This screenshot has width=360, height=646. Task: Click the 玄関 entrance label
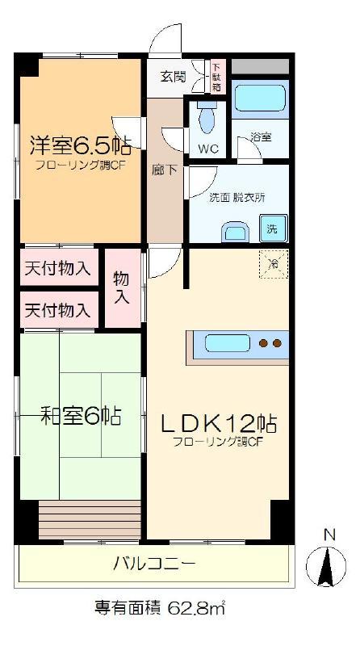click(174, 77)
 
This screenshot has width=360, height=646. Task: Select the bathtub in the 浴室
click(260, 98)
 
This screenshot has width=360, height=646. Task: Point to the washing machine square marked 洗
click(273, 229)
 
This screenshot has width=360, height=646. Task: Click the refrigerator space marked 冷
click(273, 264)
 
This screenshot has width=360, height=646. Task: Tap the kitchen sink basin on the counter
click(228, 343)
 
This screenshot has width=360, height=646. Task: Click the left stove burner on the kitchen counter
click(262, 342)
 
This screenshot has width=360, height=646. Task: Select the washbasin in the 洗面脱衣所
click(235, 233)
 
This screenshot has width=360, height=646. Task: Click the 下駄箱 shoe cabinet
click(217, 76)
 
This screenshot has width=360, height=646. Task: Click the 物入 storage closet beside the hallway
click(123, 288)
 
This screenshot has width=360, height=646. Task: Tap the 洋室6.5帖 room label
click(81, 145)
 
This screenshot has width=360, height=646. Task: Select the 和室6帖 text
click(81, 416)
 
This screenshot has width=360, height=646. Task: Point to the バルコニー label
click(153, 563)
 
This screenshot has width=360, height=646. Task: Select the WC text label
click(209, 149)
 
